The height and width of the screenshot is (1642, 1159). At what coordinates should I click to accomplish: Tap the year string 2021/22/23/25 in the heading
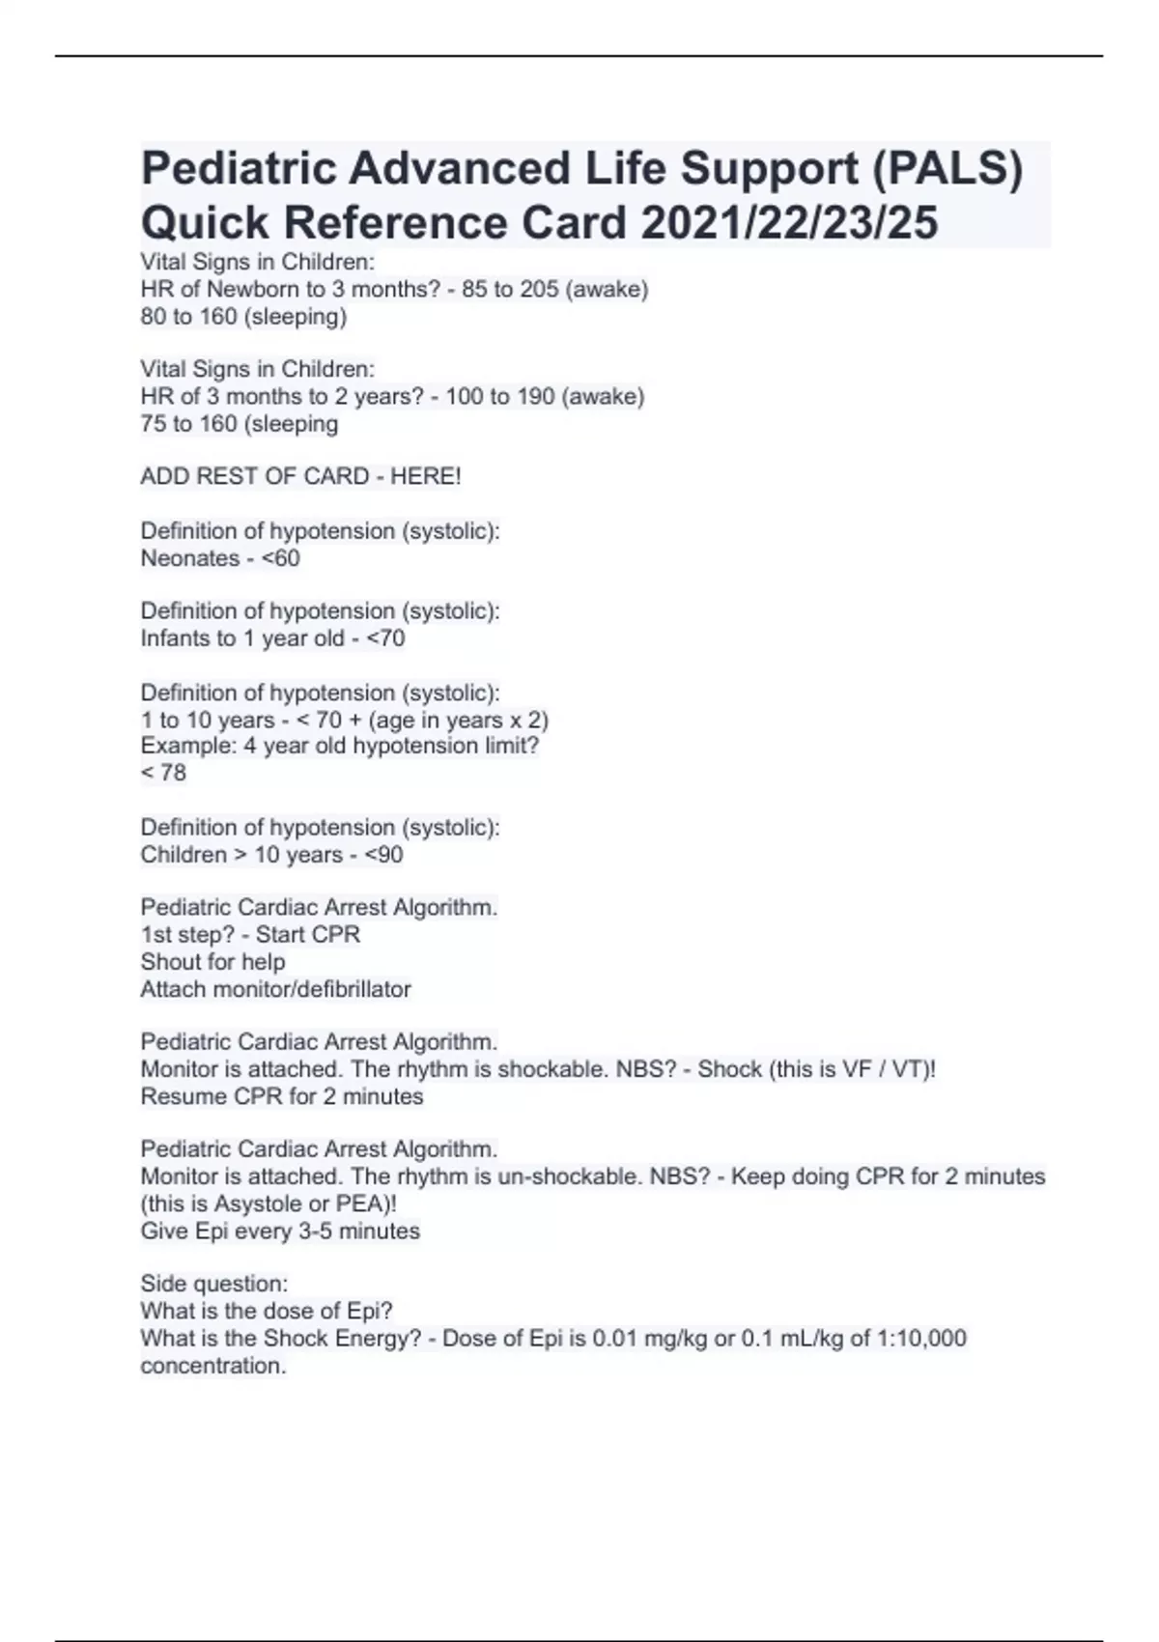[789, 223]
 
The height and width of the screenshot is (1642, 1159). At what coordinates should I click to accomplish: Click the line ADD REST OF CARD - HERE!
[300, 476]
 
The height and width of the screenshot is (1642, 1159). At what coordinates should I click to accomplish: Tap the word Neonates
[189, 558]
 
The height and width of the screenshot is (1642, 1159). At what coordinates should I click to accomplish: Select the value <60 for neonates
[280, 558]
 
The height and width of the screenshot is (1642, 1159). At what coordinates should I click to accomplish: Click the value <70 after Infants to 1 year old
[385, 638]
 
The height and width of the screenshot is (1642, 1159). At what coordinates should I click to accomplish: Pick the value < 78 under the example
[163, 773]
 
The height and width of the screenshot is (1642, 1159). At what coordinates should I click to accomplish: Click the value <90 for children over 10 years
[383, 855]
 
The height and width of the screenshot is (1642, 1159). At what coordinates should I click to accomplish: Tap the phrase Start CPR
[308, 935]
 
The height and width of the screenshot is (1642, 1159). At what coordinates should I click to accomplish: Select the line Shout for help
[212, 962]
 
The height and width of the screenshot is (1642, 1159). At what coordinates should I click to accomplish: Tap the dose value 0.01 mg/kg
[649, 1339]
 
